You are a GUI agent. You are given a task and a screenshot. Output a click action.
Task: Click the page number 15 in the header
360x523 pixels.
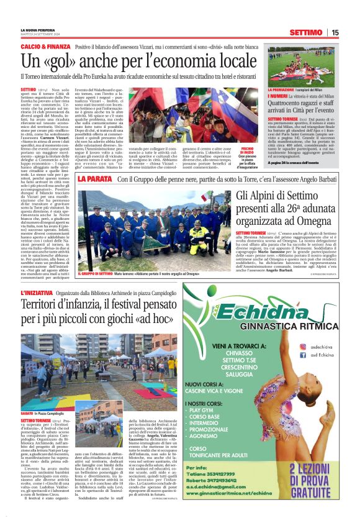click(x=335, y=32)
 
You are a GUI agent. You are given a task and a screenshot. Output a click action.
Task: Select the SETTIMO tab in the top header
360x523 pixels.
click(x=305, y=32)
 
